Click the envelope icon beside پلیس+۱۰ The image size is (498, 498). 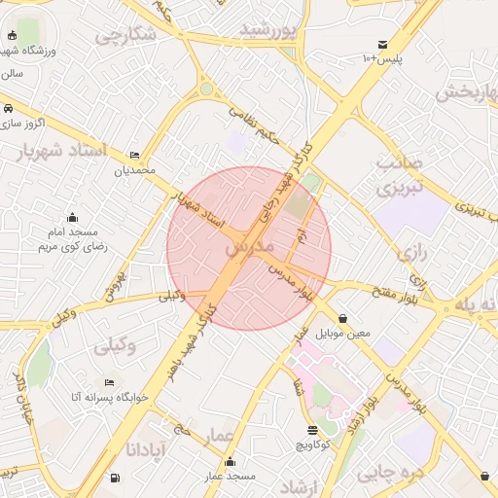click(x=383, y=44)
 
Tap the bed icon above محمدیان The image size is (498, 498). click(x=135, y=156)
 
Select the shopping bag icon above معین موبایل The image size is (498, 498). click(x=343, y=318)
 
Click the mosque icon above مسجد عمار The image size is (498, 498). click(x=230, y=461)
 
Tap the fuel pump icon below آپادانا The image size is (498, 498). click(x=116, y=478)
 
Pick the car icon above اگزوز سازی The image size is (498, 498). click(x=8, y=108)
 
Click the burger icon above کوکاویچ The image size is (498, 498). click(x=312, y=430)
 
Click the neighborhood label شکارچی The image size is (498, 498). click(x=126, y=35)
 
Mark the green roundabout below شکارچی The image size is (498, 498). click(x=206, y=89)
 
